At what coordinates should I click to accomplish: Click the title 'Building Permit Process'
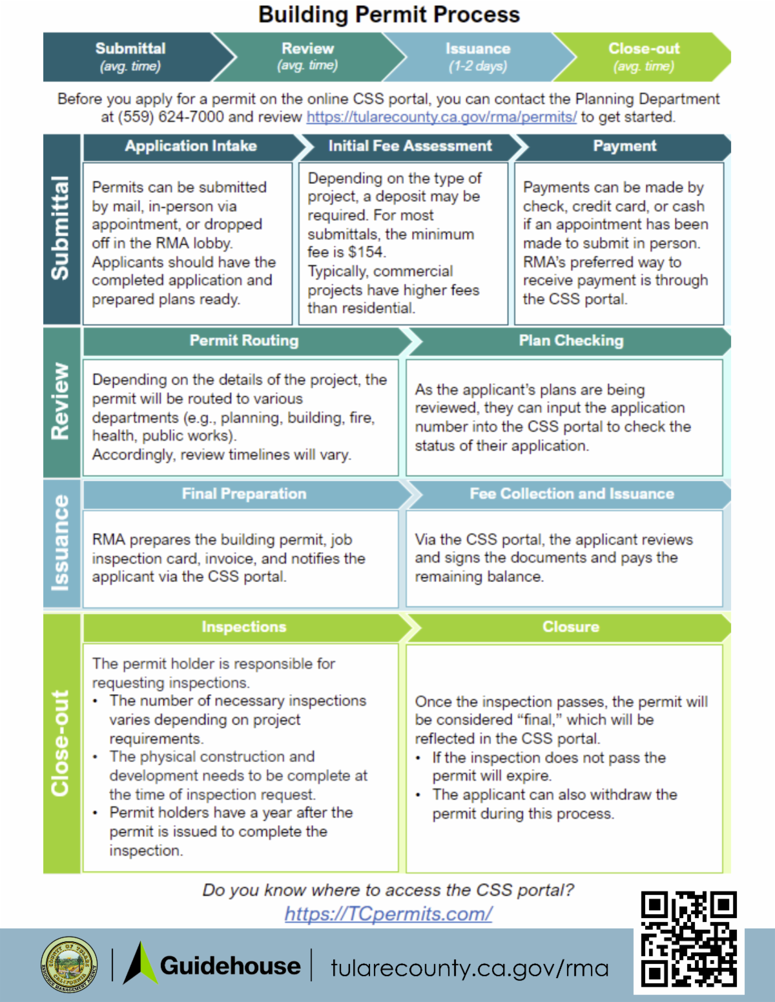tap(389, 15)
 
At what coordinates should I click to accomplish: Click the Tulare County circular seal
tap(69, 965)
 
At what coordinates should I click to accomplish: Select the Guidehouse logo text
tap(230, 966)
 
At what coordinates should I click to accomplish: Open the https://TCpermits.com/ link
tap(388, 914)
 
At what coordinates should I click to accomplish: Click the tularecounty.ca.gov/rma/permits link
tap(441, 117)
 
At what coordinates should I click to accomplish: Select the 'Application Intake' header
tap(191, 146)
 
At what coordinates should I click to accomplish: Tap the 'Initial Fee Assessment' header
tap(410, 146)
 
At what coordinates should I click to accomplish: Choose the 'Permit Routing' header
tap(243, 341)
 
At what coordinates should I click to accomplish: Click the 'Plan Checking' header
tap(571, 341)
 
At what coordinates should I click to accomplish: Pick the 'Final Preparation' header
tap(243, 494)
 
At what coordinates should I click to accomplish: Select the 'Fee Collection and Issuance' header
tap(572, 494)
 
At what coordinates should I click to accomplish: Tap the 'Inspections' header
tap(243, 627)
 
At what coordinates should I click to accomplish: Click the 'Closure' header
tap(571, 627)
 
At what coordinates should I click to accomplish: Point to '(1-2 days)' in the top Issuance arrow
tap(478, 66)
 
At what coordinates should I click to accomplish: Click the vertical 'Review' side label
tap(61, 401)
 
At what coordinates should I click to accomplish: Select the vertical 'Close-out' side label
tap(61, 743)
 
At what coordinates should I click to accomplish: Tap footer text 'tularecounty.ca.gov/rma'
tap(470, 968)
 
